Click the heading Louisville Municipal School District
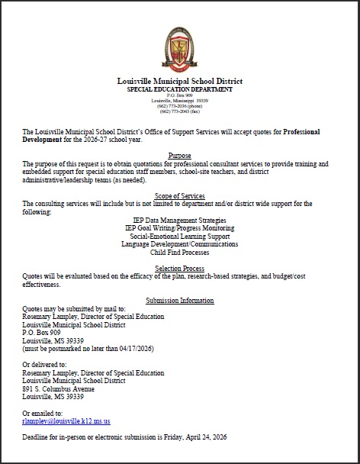pyautogui.click(x=179, y=81)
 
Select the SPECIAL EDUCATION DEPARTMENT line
pyautogui.click(x=179, y=89)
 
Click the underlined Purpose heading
pyautogui.click(x=179, y=156)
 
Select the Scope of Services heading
pyautogui.click(x=179, y=197)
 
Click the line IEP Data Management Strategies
pyautogui.click(x=179, y=221)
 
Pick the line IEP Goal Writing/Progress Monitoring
pyautogui.click(x=179, y=228)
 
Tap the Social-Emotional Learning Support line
pyautogui.click(x=179, y=236)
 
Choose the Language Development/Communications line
pyautogui.click(x=179, y=243)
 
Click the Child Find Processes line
pyautogui.click(x=179, y=251)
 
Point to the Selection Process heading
pyautogui.click(x=179, y=269)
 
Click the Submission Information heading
pyautogui.click(x=179, y=301)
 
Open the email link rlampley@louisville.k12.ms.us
pyautogui.click(x=66, y=420)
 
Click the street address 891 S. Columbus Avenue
pyautogui.click(x=63, y=388)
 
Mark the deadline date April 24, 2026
pyautogui.click(x=199, y=437)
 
